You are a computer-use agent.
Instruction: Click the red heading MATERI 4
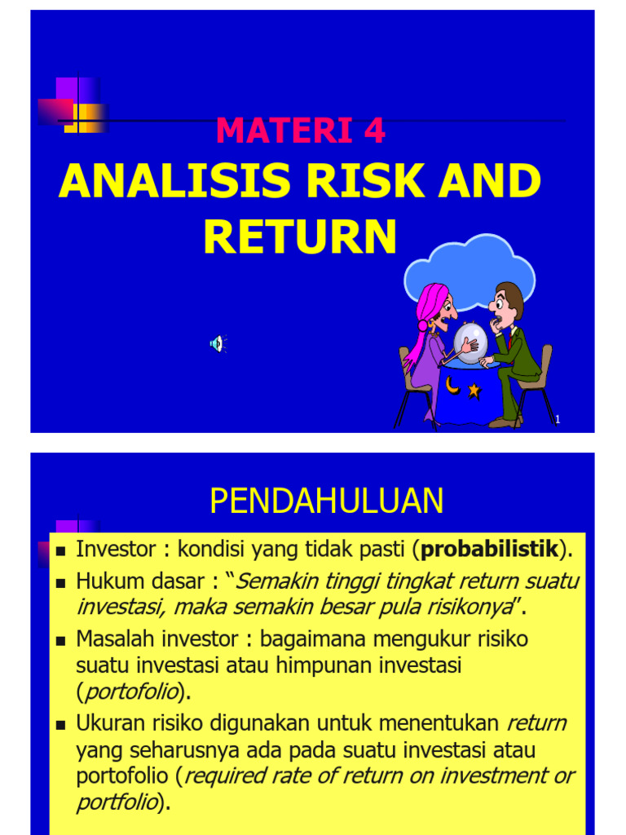[x=301, y=131]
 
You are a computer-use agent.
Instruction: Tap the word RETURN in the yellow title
[x=300, y=236]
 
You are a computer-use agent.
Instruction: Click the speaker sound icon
[x=217, y=344]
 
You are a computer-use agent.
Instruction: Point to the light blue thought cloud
[x=470, y=270]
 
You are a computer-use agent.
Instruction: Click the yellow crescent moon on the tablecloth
[x=452, y=385]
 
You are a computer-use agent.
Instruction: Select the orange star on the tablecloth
[x=474, y=391]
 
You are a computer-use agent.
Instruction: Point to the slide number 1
[x=558, y=420]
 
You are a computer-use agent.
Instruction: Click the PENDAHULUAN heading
[x=326, y=501]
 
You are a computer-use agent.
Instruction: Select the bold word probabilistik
[x=489, y=550]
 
